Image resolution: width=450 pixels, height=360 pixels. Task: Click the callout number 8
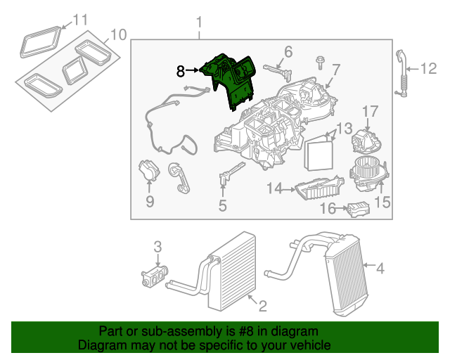[x=180, y=71]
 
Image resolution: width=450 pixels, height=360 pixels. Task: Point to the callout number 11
[x=81, y=20]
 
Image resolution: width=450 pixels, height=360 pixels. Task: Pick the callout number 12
[x=429, y=68]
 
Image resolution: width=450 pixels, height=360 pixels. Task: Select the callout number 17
[x=370, y=112]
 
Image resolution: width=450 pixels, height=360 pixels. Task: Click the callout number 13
[x=344, y=129]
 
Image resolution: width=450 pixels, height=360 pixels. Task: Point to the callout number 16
[x=328, y=209]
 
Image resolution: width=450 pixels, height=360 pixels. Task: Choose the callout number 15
[x=382, y=202]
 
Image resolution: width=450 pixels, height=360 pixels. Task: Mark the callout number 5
[x=222, y=205]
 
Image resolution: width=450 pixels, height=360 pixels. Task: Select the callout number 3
[x=158, y=247]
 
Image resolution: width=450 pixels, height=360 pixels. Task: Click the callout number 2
[x=262, y=306]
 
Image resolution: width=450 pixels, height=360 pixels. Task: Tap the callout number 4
[x=380, y=268]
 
